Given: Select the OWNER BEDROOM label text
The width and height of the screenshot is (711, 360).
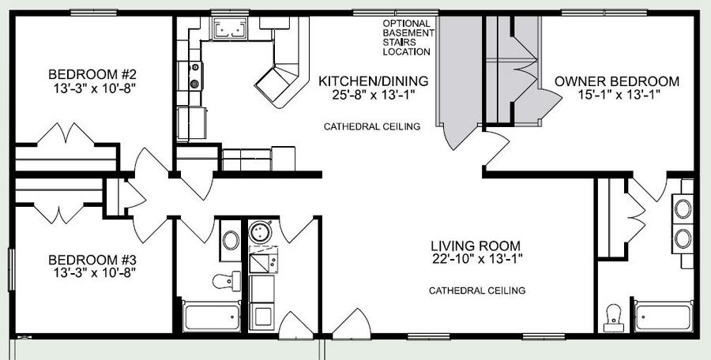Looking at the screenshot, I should point(617,81).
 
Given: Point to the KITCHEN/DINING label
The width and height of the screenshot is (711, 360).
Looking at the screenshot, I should point(373,81).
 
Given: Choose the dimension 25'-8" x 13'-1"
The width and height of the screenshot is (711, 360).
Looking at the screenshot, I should point(373,95).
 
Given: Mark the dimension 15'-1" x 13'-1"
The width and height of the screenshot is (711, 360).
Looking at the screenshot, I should point(619,95).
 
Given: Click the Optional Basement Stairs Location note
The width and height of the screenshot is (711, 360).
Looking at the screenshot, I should point(408,38).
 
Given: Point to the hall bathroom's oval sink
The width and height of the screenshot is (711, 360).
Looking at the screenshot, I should point(229,240).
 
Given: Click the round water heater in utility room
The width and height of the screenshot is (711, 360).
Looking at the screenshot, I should point(260,233).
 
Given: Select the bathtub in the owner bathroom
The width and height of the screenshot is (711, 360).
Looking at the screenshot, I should point(664,317).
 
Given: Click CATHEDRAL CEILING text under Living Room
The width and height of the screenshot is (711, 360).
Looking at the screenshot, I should point(477,291).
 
